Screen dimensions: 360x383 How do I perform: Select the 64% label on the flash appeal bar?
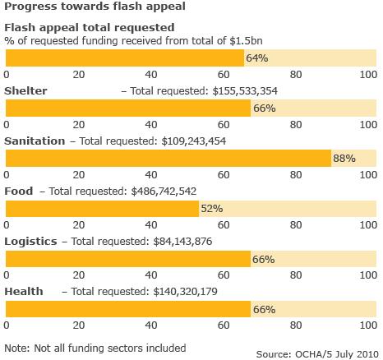(x=258, y=58)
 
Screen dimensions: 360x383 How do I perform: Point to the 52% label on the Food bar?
(x=212, y=209)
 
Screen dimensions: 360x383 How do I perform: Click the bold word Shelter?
(x=25, y=90)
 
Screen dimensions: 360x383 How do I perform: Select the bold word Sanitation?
(x=35, y=141)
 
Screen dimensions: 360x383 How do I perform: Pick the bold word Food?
(x=19, y=191)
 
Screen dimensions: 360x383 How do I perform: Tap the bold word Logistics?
(x=30, y=241)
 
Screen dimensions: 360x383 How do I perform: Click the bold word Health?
(x=24, y=291)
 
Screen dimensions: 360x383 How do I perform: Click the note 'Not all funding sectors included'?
(x=95, y=347)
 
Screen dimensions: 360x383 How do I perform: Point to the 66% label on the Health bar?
(x=264, y=309)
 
